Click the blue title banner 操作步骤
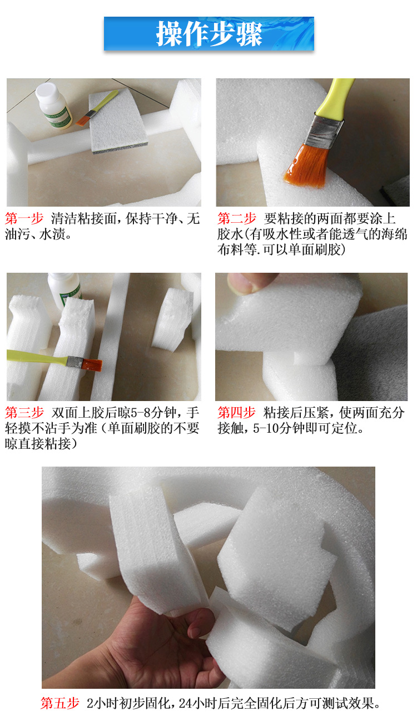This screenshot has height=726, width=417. pos(209,34)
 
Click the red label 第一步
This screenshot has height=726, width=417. pos(24,219)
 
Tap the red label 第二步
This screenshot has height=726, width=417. pos(236,219)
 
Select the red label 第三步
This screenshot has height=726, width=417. pos(24,413)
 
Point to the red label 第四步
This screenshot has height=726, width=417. pos(236,413)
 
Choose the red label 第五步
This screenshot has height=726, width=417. pos(60,703)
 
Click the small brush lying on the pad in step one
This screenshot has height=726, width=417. pos(97,108)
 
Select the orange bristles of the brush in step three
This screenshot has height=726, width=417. pos(92,364)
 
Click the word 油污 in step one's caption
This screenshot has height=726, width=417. pos(18,234)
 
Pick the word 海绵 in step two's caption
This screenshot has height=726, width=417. pos(394,234)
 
